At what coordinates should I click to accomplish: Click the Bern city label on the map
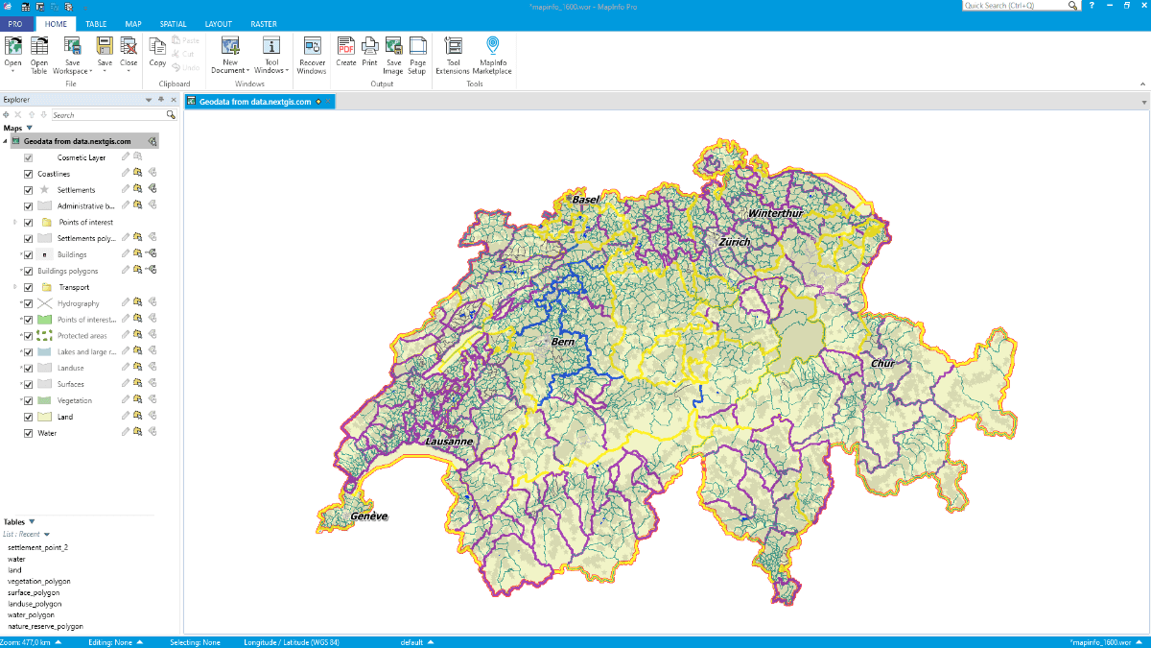point(562,341)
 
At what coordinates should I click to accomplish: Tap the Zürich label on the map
point(734,242)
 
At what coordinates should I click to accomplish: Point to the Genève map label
point(368,516)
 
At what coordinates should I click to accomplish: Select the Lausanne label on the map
point(449,441)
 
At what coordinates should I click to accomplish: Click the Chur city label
point(882,363)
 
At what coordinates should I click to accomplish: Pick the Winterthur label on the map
point(775,213)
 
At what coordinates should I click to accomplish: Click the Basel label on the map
point(585,200)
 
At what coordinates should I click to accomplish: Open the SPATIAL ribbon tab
point(173,24)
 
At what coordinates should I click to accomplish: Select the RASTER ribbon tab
point(263,24)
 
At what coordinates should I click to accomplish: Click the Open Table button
point(39,55)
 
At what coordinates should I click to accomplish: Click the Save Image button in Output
point(393,55)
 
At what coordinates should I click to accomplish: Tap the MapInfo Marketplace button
point(492,55)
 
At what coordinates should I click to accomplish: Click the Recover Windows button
point(312,55)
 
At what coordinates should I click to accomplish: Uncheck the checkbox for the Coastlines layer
point(29,174)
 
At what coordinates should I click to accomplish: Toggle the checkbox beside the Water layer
point(29,433)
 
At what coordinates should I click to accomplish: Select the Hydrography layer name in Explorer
point(78,303)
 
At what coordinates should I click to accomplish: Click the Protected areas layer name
point(82,336)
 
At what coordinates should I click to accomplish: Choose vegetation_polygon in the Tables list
point(38,581)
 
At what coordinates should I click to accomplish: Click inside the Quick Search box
point(1017,6)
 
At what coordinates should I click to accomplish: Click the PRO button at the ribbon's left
point(15,24)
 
